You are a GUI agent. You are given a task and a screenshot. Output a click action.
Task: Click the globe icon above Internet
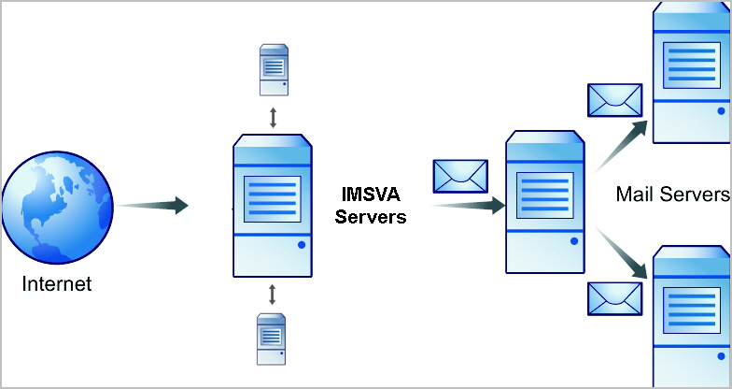tap(57, 205)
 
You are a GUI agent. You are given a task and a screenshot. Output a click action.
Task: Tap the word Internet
tap(57, 282)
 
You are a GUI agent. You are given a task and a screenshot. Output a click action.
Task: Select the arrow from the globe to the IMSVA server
tap(155, 205)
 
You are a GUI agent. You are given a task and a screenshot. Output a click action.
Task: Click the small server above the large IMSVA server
tap(273, 70)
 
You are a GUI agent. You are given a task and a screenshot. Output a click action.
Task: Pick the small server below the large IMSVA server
tap(272, 339)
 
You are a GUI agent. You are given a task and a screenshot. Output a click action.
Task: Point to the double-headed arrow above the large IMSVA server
tap(273, 117)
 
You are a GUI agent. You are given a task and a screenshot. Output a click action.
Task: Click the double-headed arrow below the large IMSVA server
tap(273, 294)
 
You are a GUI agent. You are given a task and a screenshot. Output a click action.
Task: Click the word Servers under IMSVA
tap(372, 217)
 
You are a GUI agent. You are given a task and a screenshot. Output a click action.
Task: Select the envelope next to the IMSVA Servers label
tap(459, 176)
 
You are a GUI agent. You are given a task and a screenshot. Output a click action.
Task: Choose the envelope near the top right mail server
tap(614, 100)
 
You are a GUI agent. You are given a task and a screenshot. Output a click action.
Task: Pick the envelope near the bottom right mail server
tap(614, 297)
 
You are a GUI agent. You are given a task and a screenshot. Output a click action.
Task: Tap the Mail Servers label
tap(672, 195)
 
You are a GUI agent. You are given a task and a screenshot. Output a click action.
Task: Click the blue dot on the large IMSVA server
tap(302, 246)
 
